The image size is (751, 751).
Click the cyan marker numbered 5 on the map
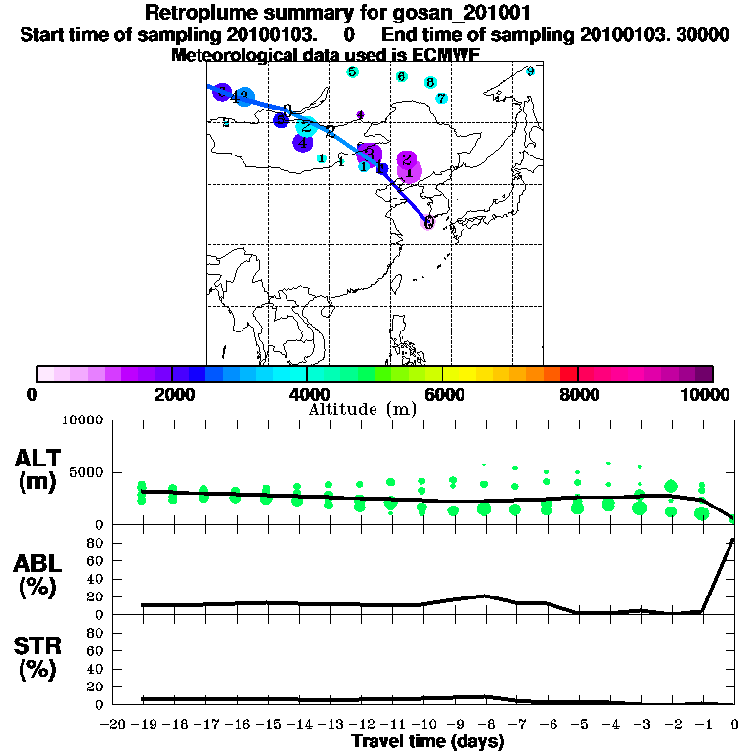tap(352, 72)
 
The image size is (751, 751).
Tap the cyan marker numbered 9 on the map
tap(530, 71)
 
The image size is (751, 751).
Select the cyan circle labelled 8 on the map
tap(430, 83)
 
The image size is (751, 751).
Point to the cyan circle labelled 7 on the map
tap(442, 98)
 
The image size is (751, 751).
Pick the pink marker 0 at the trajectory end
tap(428, 222)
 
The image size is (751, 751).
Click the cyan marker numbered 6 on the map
tap(402, 76)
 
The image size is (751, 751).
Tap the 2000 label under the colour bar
tap(170, 394)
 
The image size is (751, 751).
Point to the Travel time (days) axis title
tap(427, 742)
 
